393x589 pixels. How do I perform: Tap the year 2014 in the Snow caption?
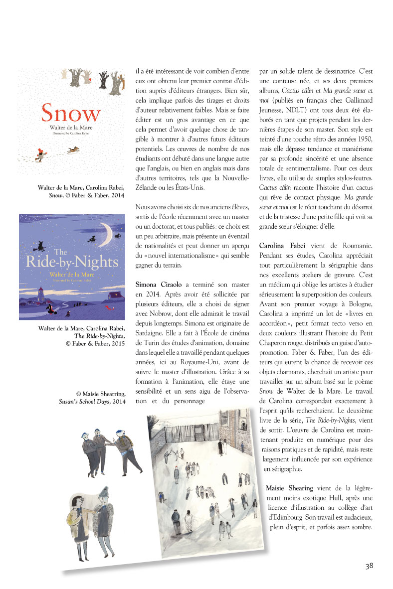(115, 195)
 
